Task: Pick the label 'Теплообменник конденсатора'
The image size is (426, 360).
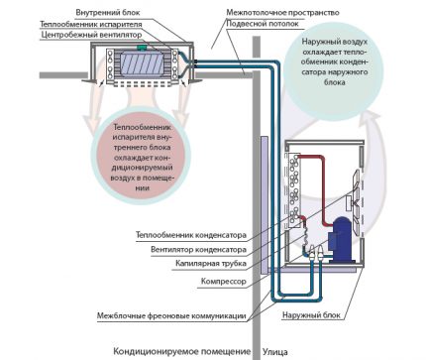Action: point(184,235)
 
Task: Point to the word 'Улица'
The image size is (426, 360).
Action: point(276,350)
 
